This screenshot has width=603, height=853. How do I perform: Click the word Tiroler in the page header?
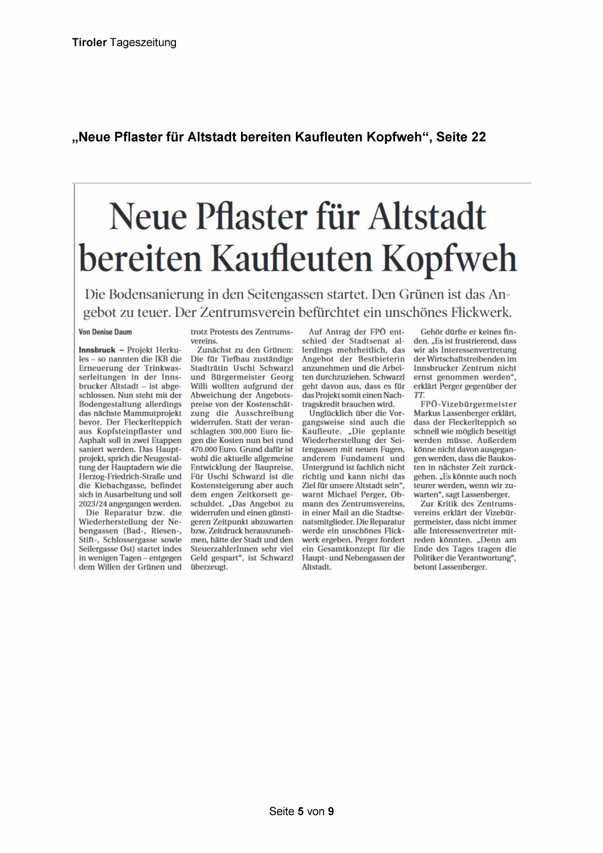click(89, 43)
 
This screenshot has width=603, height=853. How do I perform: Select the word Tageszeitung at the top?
click(143, 43)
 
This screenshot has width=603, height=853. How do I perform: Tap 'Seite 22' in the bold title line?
click(461, 138)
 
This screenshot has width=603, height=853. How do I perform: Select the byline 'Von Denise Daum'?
click(105, 332)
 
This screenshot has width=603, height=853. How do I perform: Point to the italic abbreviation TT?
click(419, 395)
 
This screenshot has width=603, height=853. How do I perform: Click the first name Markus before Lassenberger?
click(428, 413)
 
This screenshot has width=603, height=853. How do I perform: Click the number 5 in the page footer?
click(301, 811)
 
